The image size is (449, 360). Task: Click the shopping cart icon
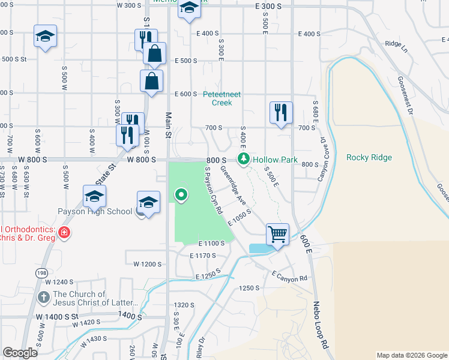[x=277, y=234]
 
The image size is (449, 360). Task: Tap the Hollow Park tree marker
[x=243, y=159]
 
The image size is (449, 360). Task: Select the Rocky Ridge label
[x=369, y=158]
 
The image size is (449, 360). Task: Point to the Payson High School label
[x=95, y=211]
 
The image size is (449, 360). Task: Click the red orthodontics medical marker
[x=64, y=232]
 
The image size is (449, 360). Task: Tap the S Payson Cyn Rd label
[x=214, y=191]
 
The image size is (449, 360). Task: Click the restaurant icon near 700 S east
[x=280, y=112]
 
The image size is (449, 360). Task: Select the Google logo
[x=20, y=353]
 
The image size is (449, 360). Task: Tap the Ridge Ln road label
[x=396, y=44]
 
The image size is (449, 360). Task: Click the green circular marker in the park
[x=180, y=194]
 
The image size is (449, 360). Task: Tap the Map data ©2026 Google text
[x=411, y=355]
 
